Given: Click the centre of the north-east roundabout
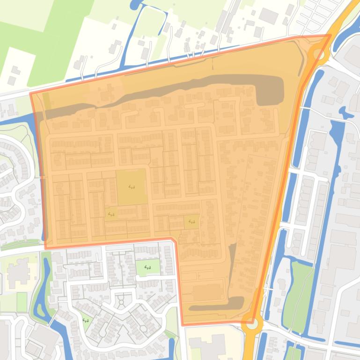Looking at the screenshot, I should coord(318,52).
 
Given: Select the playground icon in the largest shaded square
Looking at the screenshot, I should coord(132,187).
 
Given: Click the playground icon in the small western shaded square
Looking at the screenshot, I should coord(111,214).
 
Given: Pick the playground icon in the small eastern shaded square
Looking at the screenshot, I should coord(191,222).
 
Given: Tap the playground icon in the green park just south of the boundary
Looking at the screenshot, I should coord(148,267).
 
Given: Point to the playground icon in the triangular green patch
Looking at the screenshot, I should coord(86,320).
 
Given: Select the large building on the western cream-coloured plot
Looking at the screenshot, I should coord(18,272).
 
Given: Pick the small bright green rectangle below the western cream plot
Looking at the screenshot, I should coord(22,302).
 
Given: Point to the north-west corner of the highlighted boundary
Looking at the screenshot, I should coord(31,94).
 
